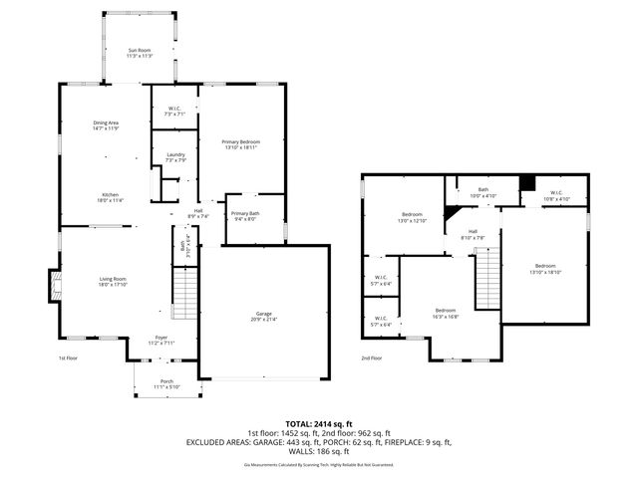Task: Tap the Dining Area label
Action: click(106, 125)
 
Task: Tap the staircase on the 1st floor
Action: click(186, 295)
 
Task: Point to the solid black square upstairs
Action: click(528, 182)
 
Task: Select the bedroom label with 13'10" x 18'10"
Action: click(544, 268)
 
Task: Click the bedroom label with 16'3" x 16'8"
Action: click(446, 313)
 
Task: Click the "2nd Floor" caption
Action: click(371, 358)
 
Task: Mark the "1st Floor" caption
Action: click(68, 358)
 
